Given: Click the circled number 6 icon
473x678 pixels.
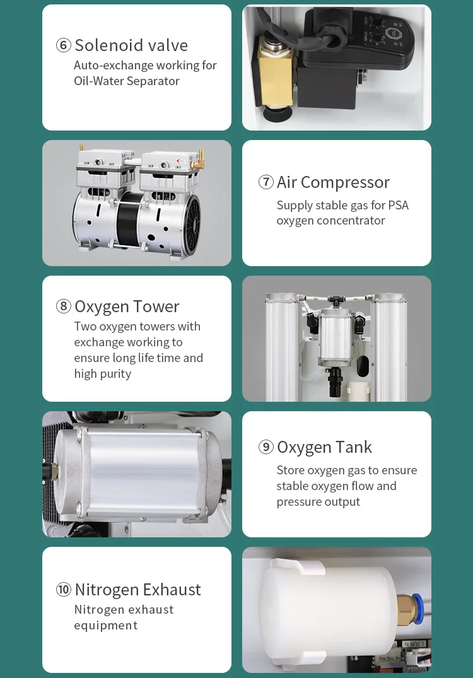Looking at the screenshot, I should point(64,45).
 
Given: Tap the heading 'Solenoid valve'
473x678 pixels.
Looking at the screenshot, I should point(131,45).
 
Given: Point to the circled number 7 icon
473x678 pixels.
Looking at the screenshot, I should point(266,182).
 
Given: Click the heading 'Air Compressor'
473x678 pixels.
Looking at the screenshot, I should point(333,182).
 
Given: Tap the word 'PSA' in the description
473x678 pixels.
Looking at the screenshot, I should point(398,205).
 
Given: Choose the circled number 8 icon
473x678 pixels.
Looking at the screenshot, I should point(64,307).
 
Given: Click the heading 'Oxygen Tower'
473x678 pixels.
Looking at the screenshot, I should point(127,307).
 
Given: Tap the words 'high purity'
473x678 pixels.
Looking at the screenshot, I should point(103,374).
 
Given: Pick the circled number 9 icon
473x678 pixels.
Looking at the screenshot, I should point(266,447).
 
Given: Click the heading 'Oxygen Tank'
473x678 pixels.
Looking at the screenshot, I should point(324,447).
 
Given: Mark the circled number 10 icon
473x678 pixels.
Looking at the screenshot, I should point(64,590).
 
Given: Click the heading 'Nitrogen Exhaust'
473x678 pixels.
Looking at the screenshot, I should point(137,590).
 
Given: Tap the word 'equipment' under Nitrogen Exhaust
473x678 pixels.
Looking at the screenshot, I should point(105,626).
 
